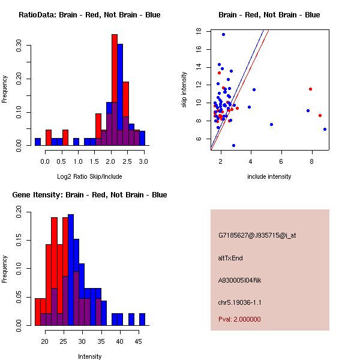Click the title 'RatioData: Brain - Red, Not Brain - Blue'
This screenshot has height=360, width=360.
point(89,14)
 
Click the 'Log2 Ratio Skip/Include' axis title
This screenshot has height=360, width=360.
point(89,176)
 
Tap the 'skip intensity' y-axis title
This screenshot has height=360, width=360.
point(184,90)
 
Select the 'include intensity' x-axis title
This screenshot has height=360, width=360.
point(269,176)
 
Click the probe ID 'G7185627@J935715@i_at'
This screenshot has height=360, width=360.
point(257,235)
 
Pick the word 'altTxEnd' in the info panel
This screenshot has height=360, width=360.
point(231,258)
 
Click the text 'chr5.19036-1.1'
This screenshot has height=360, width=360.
point(240,302)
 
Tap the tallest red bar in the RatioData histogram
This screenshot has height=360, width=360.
point(114,90)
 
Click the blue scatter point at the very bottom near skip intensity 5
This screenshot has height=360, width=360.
point(233,145)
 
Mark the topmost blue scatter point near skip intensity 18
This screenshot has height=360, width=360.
point(223,34)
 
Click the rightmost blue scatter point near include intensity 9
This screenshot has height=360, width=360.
point(325,129)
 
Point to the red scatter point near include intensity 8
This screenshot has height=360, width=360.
point(310,89)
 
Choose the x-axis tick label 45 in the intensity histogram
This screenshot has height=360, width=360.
point(137,341)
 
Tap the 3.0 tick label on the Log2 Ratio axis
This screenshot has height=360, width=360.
point(143,161)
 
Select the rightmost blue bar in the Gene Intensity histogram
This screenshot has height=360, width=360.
point(142,319)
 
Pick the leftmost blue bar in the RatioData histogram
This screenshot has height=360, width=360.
point(38,142)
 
